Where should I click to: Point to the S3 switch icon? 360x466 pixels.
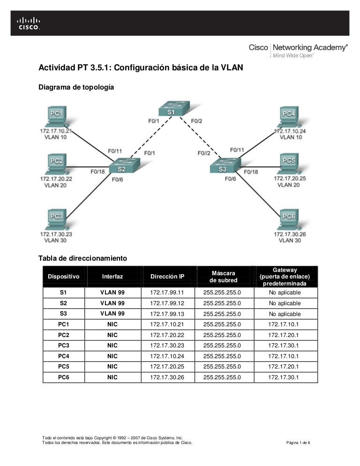[x=224, y=166]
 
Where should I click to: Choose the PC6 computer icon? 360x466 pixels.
[x=288, y=218]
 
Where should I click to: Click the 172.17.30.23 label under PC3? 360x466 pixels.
[x=56, y=234]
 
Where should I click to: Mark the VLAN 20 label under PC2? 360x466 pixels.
[x=55, y=186]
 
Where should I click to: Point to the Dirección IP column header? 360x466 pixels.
[x=167, y=277]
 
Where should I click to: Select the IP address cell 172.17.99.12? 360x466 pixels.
[x=167, y=303]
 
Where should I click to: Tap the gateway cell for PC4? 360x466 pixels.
[x=285, y=356]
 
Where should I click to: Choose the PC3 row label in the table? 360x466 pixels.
[x=64, y=345]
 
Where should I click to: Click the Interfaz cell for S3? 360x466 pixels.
[x=112, y=314]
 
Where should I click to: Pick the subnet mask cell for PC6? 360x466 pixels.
[x=222, y=377]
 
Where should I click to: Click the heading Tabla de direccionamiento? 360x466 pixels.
[x=83, y=258]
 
